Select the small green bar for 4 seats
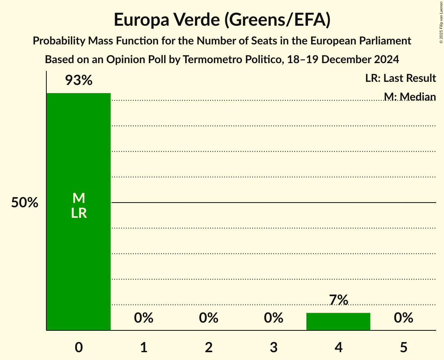338,321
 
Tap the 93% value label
78,81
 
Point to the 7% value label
338,300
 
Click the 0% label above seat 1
143,318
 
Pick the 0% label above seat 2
209,318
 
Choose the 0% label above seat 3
273,318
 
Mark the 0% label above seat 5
403,318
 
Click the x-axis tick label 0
79,347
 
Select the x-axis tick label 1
143,347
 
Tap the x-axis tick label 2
209,347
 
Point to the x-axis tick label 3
273,347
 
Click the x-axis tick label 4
338,347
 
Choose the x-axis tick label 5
403,347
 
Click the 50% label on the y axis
25,203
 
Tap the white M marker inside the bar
79,198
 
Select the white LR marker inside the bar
79,213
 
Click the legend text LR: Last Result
400,78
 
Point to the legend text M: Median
410,96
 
